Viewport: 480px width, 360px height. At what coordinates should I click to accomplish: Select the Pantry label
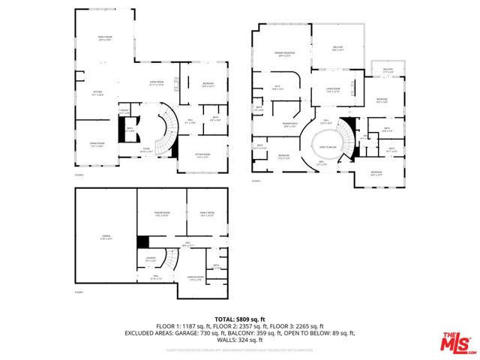point(124,113)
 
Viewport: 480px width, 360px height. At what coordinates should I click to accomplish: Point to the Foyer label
point(145,149)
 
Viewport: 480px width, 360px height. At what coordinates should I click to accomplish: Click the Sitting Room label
point(202,157)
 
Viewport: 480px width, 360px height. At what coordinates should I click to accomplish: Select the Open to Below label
point(326,148)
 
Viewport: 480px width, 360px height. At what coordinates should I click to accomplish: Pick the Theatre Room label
point(162,215)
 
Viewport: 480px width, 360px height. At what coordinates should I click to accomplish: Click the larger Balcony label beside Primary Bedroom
point(337,49)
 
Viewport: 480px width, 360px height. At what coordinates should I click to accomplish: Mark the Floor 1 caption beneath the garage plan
point(79,292)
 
